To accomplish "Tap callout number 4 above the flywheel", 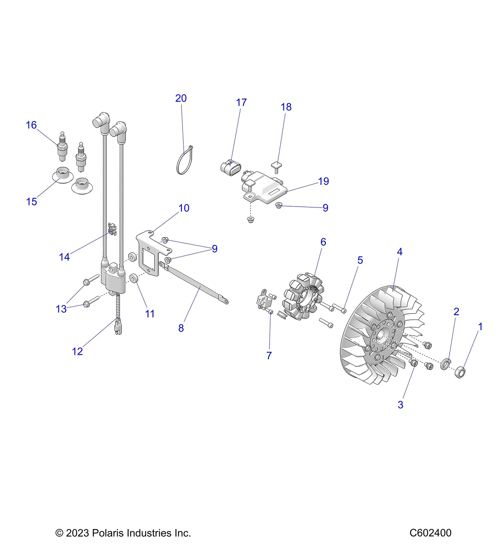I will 400,252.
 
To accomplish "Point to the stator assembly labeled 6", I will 302,296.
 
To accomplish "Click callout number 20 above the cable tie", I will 181,98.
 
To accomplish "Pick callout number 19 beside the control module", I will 323,181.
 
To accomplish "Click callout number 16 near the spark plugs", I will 31,125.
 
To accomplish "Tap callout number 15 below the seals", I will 31,202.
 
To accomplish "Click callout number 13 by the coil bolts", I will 61,309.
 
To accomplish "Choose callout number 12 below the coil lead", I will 77,352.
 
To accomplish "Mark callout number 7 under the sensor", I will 269,355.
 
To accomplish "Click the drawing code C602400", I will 430,533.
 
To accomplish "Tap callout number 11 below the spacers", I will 150,314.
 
